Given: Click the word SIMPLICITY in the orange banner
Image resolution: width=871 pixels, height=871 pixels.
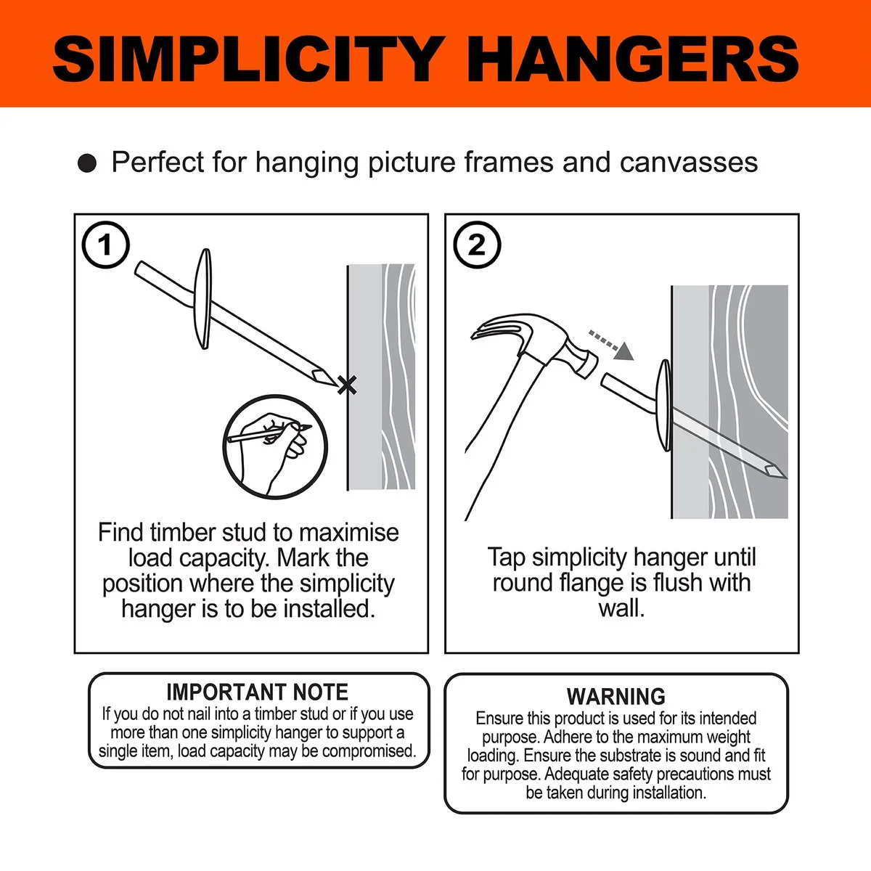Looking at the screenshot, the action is tap(245, 60).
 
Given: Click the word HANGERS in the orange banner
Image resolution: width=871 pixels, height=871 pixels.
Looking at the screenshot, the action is tap(633, 60).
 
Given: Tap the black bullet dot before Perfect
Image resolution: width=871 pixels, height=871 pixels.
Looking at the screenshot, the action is tap(87, 163).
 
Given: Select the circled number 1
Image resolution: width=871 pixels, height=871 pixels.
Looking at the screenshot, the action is tap(106, 245).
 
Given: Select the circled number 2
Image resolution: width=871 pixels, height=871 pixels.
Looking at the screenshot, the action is tap(477, 245).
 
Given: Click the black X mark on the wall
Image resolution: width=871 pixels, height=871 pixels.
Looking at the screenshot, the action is tap(347, 385).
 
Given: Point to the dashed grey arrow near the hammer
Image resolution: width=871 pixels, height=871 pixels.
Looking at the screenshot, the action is tap(611, 345).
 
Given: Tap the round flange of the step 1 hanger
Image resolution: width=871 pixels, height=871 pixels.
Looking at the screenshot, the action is tap(204, 299).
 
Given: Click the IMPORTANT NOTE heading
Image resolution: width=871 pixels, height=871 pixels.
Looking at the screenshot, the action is tap(258, 692).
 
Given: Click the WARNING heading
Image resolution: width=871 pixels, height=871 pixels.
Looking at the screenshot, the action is tap(616, 697).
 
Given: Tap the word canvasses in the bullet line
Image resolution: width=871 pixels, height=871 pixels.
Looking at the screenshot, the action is tap(688, 163).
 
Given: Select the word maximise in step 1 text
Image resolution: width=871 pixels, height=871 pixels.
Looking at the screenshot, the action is tap(349, 533).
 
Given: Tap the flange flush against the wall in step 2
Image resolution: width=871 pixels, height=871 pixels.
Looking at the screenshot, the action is tap(664, 406).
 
